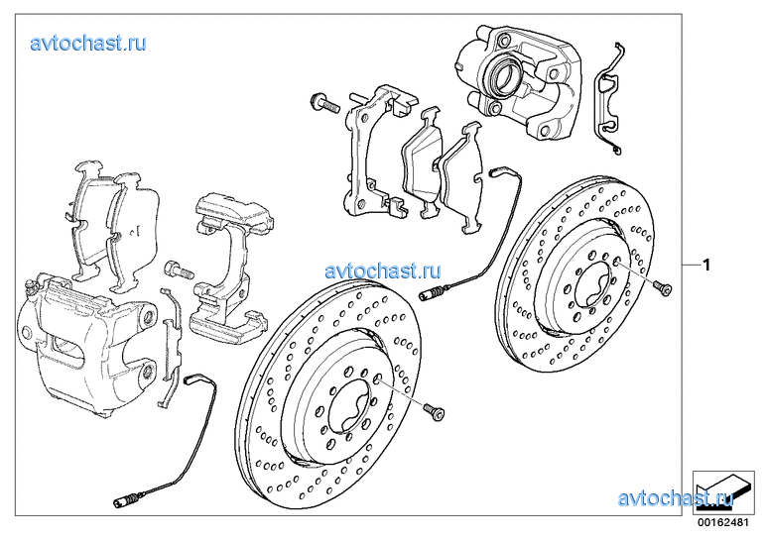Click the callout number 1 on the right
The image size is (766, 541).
[x=705, y=265]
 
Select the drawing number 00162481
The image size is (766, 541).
[x=723, y=522]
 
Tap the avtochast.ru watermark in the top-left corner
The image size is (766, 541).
[x=88, y=44]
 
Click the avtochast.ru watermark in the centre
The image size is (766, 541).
[x=383, y=270]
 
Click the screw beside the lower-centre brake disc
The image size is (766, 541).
[x=435, y=412]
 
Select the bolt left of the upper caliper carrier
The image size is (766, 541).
[x=324, y=103]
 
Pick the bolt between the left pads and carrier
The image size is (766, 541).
[x=180, y=270]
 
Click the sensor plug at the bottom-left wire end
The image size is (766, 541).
[x=126, y=500]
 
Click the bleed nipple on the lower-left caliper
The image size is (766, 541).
[x=32, y=285]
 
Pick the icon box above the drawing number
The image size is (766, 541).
[x=723, y=493]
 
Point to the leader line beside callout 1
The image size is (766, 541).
[x=692, y=265]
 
